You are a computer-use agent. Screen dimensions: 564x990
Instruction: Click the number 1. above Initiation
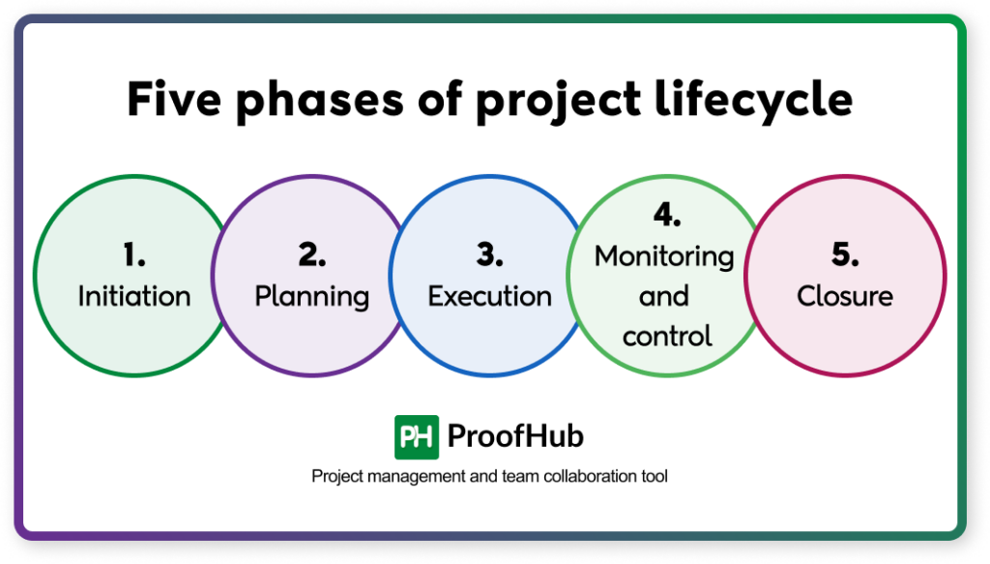pyautogui.click(x=133, y=255)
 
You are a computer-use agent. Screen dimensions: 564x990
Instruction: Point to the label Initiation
pyautogui.click(x=133, y=296)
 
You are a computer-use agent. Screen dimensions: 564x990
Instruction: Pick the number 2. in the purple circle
pyautogui.click(x=311, y=255)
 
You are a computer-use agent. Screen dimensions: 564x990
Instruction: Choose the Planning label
pyautogui.click(x=311, y=297)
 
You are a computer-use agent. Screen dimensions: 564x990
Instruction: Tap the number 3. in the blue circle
pyautogui.click(x=489, y=255)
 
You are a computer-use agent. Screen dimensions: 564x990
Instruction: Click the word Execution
pyautogui.click(x=489, y=296)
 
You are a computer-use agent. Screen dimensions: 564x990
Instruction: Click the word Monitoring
pyautogui.click(x=664, y=256)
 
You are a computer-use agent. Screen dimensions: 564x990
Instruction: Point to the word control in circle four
pyautogui.click(x=667, y=336)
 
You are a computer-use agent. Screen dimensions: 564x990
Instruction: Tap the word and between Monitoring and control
pyautogui.click(x=664, y=296)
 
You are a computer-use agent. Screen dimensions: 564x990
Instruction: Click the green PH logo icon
pyautogui.click(x=417, y=437)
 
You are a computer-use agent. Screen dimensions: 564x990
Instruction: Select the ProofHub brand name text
pyautogui.click(x=515, y=437)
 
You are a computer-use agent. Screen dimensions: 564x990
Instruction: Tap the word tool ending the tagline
pyautogui.click(x=654, y=477)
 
